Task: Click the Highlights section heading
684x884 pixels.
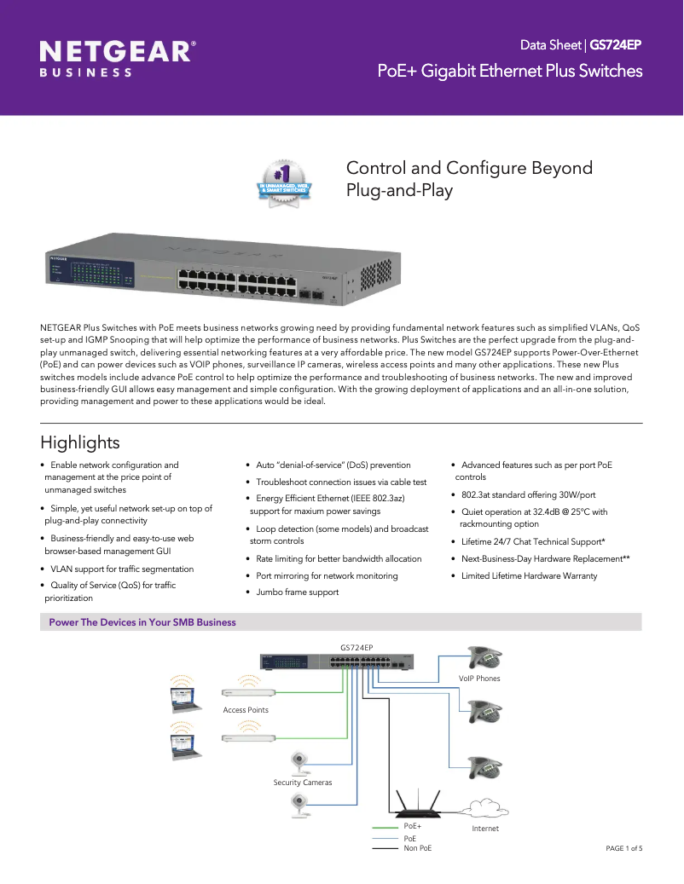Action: click(80, 442)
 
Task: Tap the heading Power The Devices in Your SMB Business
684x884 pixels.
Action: click(142, 622)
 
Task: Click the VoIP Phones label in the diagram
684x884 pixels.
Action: click(479, 679)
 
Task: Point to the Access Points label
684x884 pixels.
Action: click(246, 710)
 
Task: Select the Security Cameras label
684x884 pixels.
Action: click(303, 783)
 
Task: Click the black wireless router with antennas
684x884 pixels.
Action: click(416, 806)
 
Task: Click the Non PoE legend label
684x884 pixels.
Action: click(417, 848)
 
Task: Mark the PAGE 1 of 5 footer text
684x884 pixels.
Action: click(624, 848)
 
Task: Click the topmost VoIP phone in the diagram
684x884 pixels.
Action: click(485, 657)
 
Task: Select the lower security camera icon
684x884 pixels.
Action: click(299, 801)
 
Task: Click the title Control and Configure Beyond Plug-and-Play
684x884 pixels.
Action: click(468, 178)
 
